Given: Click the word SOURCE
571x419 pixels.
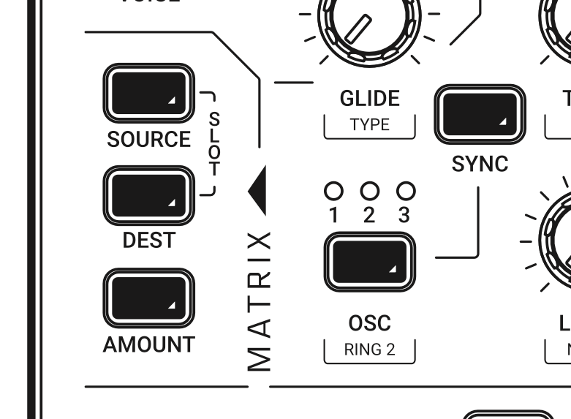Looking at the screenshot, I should click(148, 139).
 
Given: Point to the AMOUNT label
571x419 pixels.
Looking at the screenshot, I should click(148, 344).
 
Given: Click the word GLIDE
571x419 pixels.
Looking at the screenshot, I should click(369, 99).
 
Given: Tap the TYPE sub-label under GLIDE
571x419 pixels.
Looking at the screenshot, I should click(369, 124).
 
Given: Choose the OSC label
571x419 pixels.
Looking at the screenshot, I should click(369, 322).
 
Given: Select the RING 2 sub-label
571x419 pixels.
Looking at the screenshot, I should click(369, 349).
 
